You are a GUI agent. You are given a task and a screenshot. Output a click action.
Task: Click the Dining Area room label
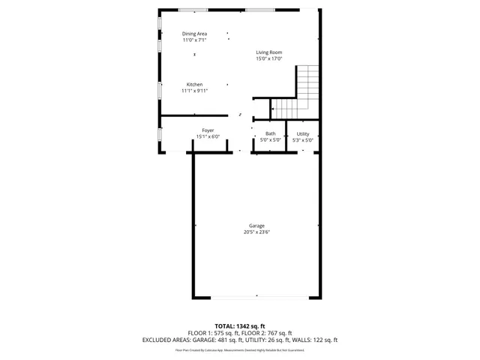pos(195,34)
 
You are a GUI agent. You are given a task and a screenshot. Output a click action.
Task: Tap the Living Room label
pos(268,52)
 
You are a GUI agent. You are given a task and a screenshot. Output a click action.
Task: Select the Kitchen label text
pos(194,85)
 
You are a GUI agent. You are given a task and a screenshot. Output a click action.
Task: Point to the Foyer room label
pos(208,130)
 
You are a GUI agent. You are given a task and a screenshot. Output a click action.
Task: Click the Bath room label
pos(270,133)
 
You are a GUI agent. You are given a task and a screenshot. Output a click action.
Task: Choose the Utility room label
pos(302,133)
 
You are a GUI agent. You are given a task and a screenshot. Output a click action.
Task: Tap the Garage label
pos(256,226)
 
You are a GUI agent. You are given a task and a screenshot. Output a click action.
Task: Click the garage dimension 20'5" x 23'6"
pos(256,232)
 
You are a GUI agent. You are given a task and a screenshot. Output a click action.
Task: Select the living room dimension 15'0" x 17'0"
pos(268,58)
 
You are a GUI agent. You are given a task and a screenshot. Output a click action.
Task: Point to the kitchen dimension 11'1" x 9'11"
pos(194,91)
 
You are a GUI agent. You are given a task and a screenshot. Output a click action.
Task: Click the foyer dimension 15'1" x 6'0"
pos(208,136)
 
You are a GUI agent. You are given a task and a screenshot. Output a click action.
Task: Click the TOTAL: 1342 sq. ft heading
pos(240,326)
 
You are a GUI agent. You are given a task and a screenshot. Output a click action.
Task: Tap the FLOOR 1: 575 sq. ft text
pos(212,333)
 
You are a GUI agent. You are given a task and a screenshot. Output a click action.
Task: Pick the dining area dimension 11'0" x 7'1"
pos(195,40)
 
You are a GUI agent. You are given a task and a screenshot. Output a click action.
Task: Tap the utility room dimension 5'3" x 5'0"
pos(302,140)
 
